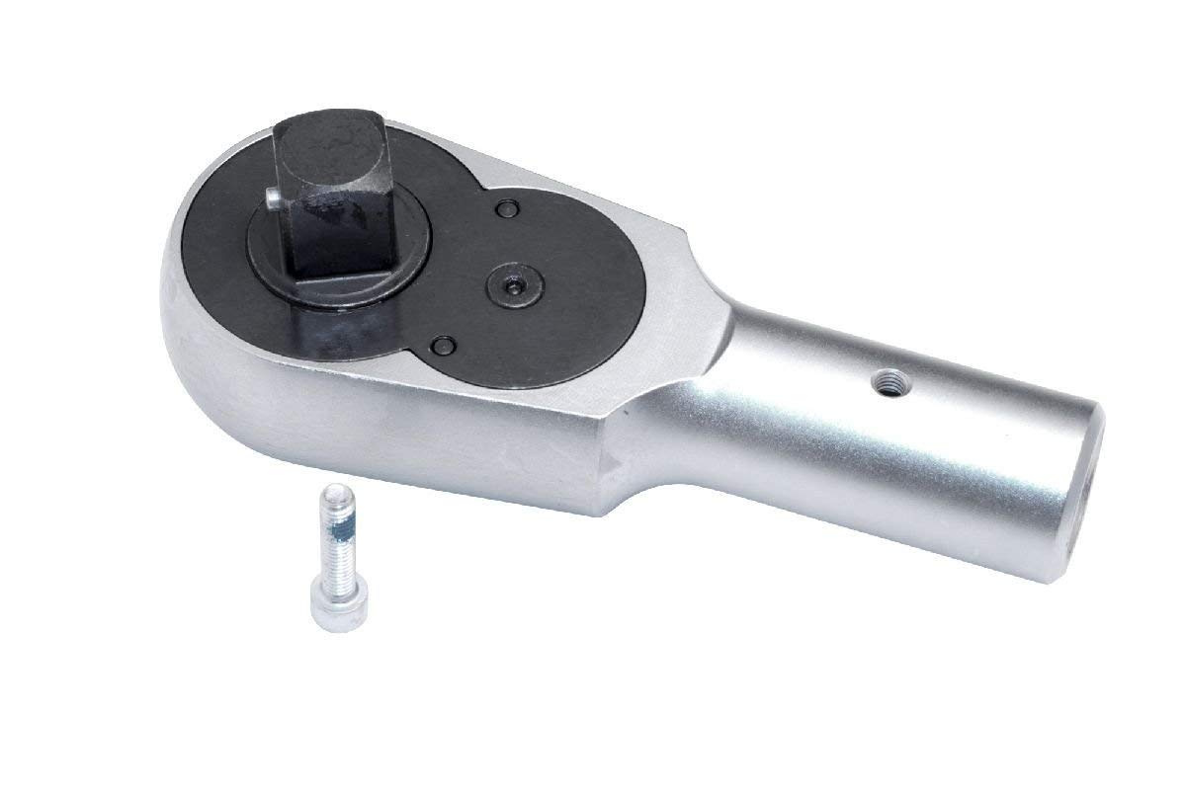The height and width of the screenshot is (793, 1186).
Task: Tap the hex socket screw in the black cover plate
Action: point(516,283)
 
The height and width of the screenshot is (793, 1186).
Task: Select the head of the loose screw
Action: point(328,605)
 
